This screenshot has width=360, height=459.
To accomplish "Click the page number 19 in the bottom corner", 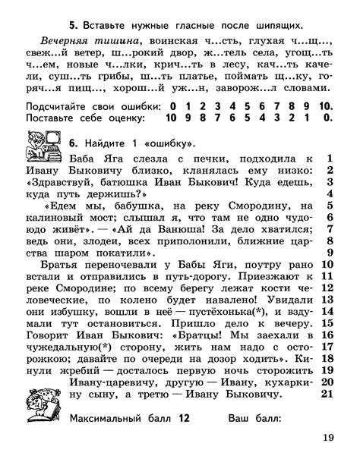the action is pos(328,436).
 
